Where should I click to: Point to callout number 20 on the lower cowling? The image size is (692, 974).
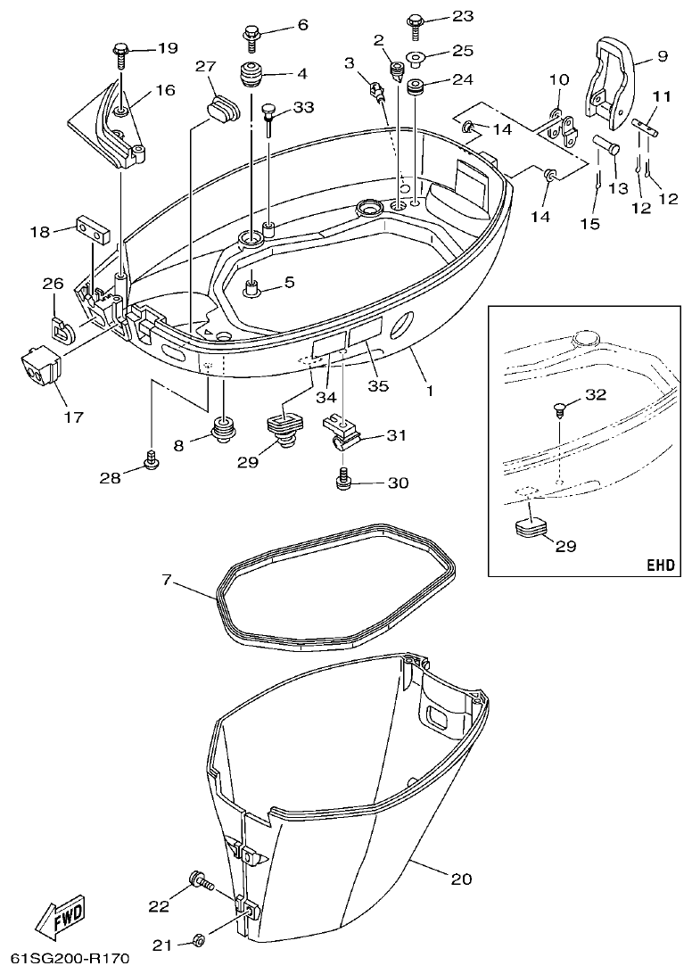pyautogui.click(x=460, y=879)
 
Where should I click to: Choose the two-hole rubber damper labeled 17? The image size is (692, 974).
pyautogui.click(x=41, y=368)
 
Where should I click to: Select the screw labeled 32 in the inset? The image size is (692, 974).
pyautogui.click(x=559, y=412)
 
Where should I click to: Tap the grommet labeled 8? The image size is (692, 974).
pyautogui.click(x=220, y=430)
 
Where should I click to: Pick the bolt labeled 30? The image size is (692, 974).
pyautogui.click(x=342, y=482)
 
